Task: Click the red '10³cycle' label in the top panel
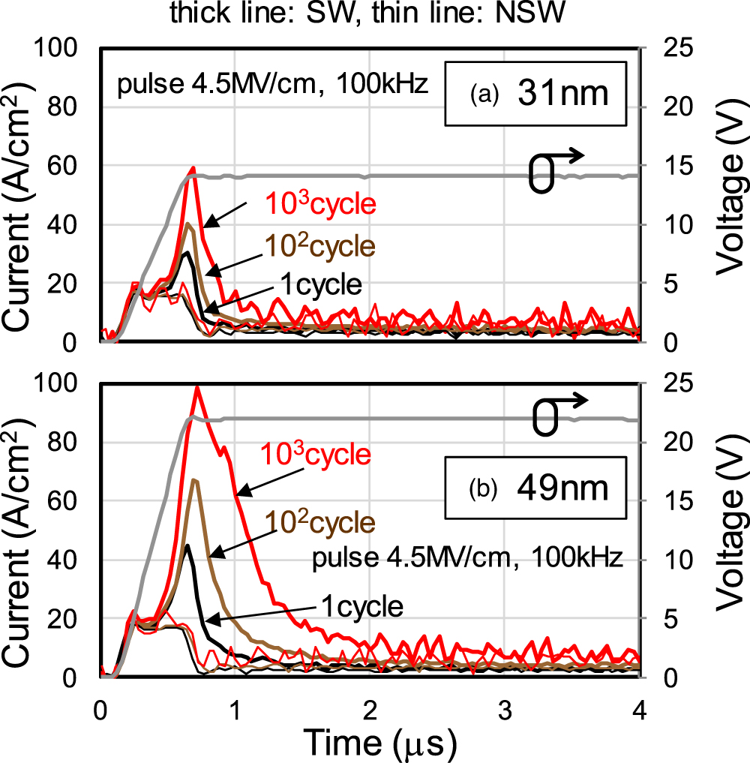coord(319,204)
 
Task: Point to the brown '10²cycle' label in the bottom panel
coord(319,521)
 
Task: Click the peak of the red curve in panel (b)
coord(197,387)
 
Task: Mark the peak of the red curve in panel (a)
coord(193,168)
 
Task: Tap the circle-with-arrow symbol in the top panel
coord(555,171)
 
